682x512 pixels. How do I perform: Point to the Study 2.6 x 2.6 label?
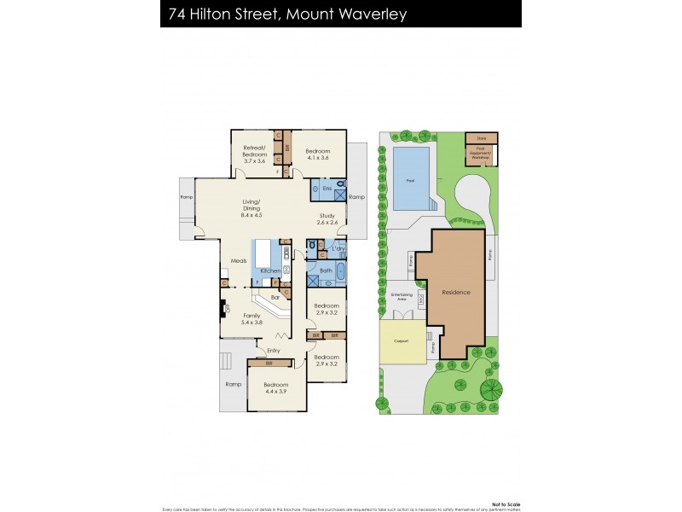(328, 219)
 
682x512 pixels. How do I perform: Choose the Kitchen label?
(270, 271)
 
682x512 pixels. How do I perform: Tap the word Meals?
(239, 261)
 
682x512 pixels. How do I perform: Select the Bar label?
(275, 297)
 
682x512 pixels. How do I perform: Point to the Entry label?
(273, 351)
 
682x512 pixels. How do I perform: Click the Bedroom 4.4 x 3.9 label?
(275, 388)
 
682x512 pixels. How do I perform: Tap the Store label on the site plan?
(481, 137)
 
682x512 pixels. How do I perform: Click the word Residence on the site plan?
(455, 293)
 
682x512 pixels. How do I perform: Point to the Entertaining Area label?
(402, 297)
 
